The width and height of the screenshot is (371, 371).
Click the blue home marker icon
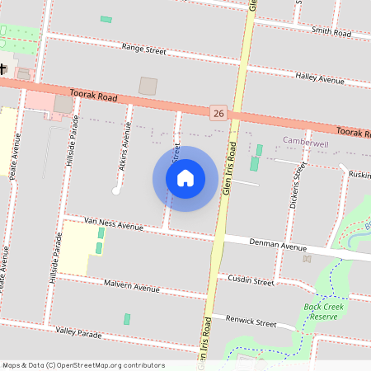click(185, 178)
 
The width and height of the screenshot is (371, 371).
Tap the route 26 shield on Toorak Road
click(218, 111)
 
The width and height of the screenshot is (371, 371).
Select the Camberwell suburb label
click(305, 143)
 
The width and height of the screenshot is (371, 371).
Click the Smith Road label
click(331, 32)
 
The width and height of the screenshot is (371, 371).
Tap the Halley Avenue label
click(320, 79)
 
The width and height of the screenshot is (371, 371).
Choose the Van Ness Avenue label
click(115, 223)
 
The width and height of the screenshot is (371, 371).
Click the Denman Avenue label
click(281, 246)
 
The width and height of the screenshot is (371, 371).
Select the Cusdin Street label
click(251, 280)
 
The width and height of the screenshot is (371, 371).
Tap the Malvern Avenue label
click(132, 288)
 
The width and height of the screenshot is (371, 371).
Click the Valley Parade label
click(78, 334)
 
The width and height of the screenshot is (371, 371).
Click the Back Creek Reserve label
click(322, 312)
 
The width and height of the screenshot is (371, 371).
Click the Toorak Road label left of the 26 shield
click(95, 96)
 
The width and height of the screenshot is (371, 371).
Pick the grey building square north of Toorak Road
click(148, 86)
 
